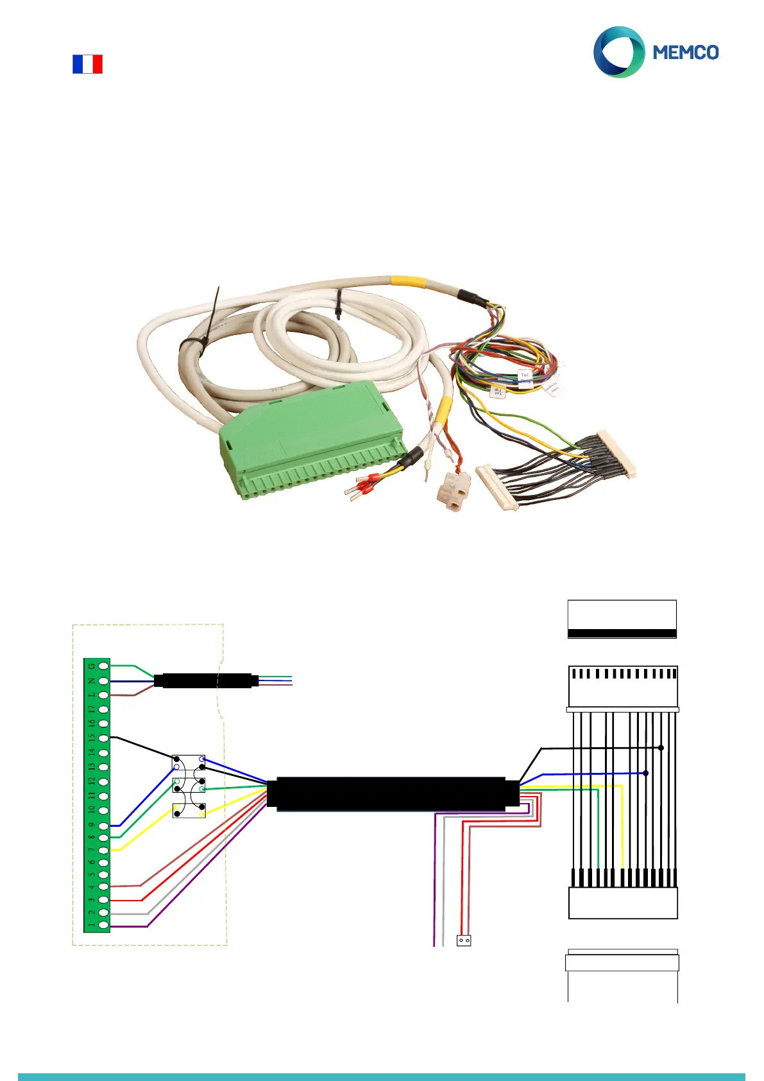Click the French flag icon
point(87,64)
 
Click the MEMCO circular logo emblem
point(618,52)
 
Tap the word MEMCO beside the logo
point(685,53)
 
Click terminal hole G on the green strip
point(104,666)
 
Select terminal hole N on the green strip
point(104,681)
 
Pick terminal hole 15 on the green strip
point(104,738)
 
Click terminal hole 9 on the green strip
point(104,826)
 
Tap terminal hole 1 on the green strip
point(104,926)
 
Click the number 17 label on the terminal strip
point(92,709)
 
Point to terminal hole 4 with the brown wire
point(104,886)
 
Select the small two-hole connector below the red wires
point(464,940)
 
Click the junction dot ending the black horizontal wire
point(661,748)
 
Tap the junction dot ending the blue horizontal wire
point(645,773)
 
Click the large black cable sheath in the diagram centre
point(393,794)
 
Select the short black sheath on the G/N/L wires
point(205,680)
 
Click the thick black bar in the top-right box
point(622,633)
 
